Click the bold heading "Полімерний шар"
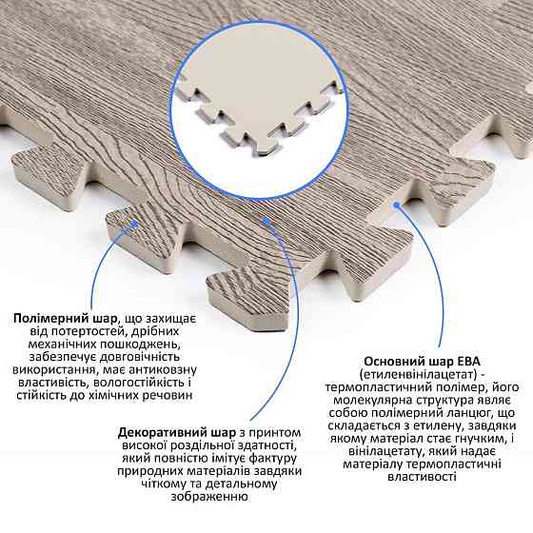point(66,319)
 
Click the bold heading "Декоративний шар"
point(177,433)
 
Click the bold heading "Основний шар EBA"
point(422,361)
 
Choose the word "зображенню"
point(209,497)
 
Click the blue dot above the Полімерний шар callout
point(135,224)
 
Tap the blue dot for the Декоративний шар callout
point(266,221)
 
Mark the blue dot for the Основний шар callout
point(396,205)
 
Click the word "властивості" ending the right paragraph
point(422,477)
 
